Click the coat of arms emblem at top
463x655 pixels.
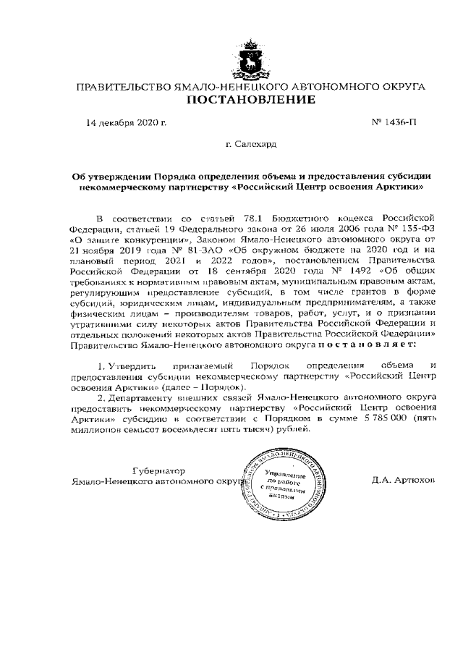tap(250, 59)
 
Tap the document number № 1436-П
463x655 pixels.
tap(394, 122)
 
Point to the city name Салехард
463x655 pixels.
tap(255, 144)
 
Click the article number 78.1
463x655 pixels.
tap(233, 216)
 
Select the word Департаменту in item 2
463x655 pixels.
tap(139, 398)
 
